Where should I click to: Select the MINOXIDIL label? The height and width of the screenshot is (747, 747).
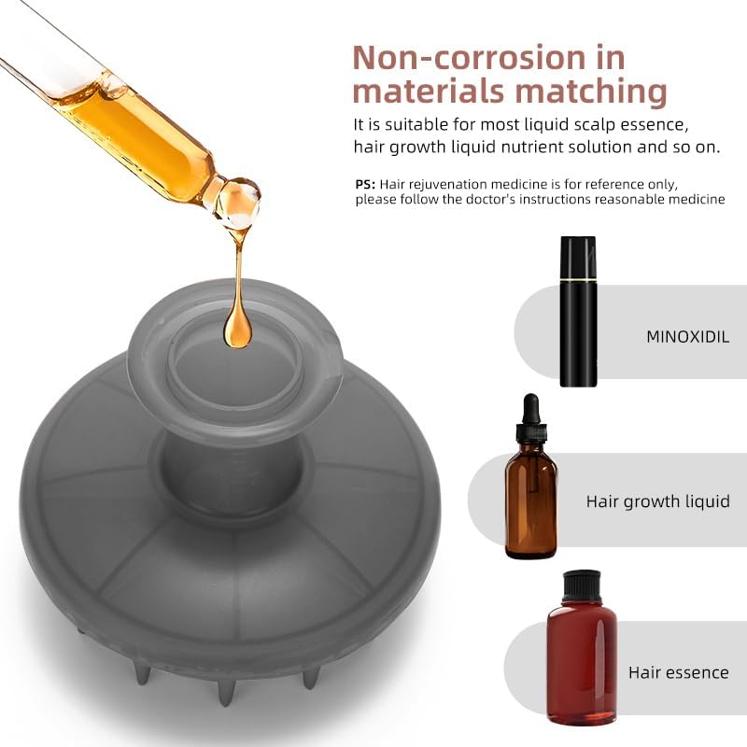(687, 337)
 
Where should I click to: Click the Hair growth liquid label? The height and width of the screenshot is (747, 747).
(657, 501)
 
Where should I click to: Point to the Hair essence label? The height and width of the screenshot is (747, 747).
(679, 672)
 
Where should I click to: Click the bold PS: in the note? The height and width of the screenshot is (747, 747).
(365, 184)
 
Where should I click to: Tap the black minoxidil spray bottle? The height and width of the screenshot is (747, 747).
(578, 311)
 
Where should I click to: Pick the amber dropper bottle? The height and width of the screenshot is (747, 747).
(530, 476)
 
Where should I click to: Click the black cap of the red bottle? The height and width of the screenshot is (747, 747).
(581, 586)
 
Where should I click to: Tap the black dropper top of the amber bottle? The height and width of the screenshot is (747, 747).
(530, 417)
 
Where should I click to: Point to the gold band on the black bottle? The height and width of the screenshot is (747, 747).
(578, 277)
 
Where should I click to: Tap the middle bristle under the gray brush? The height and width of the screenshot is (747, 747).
(226, 692)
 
